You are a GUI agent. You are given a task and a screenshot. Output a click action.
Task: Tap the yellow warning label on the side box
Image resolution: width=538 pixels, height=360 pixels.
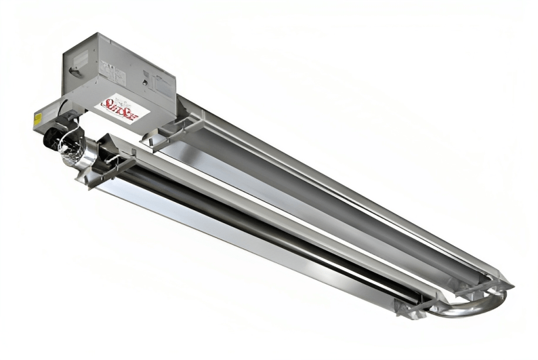point(37,117)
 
